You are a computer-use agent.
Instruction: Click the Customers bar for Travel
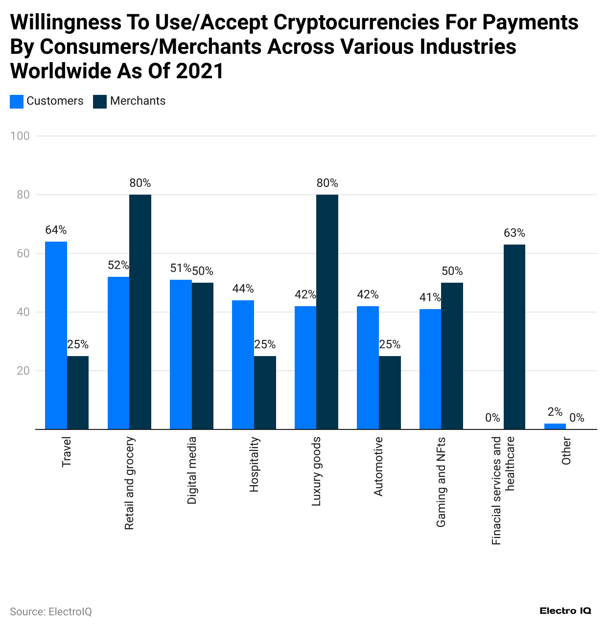click(x=56, y=335)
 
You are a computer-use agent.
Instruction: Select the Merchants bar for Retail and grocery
click(x=140, y=312)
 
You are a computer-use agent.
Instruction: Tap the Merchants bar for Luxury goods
click(x=327, y=312)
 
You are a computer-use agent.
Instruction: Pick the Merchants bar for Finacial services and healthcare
click(x=514, y=337)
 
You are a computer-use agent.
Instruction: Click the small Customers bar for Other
click(x=555, y=427)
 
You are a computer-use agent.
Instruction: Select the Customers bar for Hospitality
click(x=243, y=364)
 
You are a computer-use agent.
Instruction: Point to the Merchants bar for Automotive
click(x=390, y=392)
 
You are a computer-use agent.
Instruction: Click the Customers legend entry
click(x=47, y=101)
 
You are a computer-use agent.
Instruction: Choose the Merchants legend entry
click(x=130, y=101)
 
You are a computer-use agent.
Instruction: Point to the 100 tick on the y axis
click(x=20, y=136)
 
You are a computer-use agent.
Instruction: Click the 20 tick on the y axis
click(x=23, y=371)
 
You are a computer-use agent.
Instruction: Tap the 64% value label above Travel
click(x=56, y=230)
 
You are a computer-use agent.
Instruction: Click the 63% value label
click(x=514, y=233)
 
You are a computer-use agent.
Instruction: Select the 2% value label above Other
click(x=555, y=412)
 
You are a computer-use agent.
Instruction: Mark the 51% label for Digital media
click(x=180, y=268)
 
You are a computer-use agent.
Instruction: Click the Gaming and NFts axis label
click(x=441, y=482)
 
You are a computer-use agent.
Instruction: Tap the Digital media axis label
click(x=192, y=471)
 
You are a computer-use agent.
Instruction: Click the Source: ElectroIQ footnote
click(x=51, y=612)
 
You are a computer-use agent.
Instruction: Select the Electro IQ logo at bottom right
click(x=565, y=611)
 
